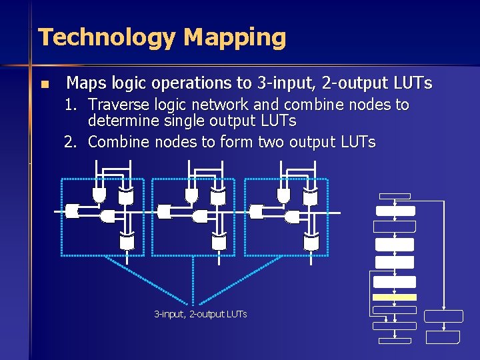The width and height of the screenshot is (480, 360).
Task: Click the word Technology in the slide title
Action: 107,37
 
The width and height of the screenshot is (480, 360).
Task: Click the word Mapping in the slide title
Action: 235,37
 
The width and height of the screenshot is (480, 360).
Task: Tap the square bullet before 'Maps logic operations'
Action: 45,85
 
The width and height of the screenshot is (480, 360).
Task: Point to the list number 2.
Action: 69,142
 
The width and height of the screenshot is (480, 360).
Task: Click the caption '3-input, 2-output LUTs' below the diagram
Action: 200,313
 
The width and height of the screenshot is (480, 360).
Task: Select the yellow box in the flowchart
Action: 395,297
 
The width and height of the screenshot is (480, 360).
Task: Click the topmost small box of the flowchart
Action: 394,196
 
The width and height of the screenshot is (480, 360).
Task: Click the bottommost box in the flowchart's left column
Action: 395,340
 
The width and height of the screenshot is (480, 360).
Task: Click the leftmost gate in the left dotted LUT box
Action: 73,211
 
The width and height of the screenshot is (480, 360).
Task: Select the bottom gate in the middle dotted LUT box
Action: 219,242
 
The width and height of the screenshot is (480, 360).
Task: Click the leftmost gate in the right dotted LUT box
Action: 257,211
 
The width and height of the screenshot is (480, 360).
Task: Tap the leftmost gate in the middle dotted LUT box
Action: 164,211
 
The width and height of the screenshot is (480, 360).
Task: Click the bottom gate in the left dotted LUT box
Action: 126,242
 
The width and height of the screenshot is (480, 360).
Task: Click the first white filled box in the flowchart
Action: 395,211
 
